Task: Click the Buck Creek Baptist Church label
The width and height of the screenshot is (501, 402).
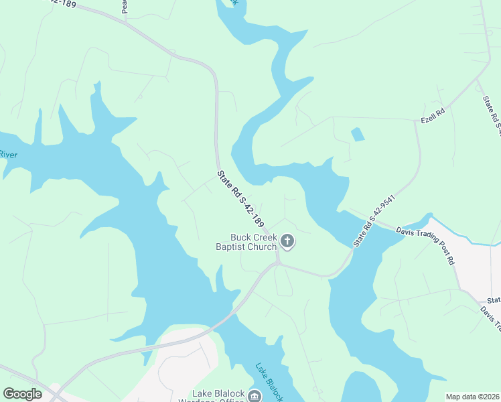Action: pyautogui.click(x=253, y=242)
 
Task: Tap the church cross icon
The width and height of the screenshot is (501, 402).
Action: pyautogui.click(x=287, y=241)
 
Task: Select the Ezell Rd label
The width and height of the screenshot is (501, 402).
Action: pyautogui.click(x=433, y=111)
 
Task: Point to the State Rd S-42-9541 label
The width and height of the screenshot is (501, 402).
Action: pyautogui.click(x=377, y=222)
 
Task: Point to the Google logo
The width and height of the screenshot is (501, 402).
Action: pyautogui.click(x=23, y=394)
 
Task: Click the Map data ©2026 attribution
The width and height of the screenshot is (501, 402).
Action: pyautogui.click(x=472, y=397)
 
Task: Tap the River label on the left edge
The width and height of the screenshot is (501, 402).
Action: pyautogui.click(x=8, y=155)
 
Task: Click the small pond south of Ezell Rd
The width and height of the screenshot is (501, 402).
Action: pyautogui.click(x=358, y=134)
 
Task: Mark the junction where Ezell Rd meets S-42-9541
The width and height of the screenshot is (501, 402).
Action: pyautogui.click(x=416, y=121)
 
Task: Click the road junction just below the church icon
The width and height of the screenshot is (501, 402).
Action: pyautogui.click(x=277, y=263)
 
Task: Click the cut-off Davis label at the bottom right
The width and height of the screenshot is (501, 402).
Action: pyautogui.click(x=491, y=320)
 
